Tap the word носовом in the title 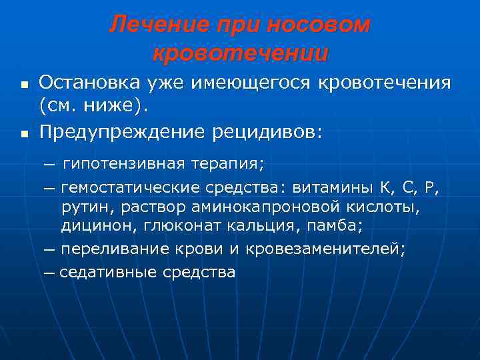318,25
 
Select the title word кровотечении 240,53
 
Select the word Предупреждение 125,133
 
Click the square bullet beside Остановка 23,86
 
